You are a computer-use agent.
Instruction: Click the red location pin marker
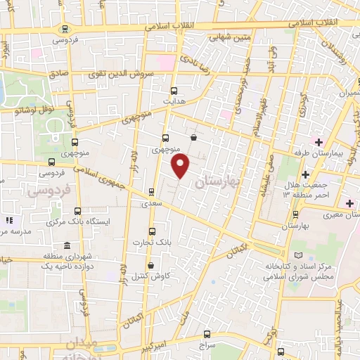point(181,166)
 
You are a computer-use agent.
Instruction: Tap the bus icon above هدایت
point(174,90)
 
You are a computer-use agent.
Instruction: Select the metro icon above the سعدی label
point(151,191)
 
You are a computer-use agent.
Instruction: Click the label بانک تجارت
point(152,243)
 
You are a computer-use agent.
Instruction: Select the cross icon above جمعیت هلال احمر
point(304,174)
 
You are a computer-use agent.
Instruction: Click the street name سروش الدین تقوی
point(115,74)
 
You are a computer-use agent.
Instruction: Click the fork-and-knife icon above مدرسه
point(8,220)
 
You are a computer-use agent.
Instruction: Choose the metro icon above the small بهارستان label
point(295,214)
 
